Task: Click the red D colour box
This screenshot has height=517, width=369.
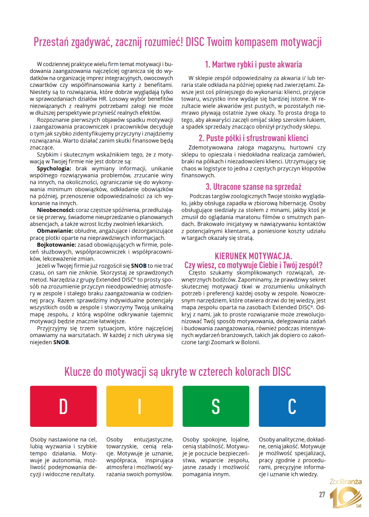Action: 63,406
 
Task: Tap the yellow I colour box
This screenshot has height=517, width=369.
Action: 140,406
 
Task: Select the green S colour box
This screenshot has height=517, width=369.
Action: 215,406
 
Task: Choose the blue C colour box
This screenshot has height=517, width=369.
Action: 292,406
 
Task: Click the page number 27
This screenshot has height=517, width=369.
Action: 322,495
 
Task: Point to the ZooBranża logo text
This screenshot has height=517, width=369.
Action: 346,482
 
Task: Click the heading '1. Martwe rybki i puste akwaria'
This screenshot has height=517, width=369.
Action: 253,65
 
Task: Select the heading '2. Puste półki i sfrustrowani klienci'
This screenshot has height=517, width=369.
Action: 253,138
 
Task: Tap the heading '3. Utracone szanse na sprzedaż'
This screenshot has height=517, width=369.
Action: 253,186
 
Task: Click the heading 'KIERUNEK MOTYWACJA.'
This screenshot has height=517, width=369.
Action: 253,256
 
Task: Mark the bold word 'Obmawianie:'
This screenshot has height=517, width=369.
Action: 55,230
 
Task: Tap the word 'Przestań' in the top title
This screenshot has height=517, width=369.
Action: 50,42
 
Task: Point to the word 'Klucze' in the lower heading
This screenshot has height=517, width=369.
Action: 79,372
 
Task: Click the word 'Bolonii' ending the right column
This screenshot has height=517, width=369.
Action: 250,342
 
